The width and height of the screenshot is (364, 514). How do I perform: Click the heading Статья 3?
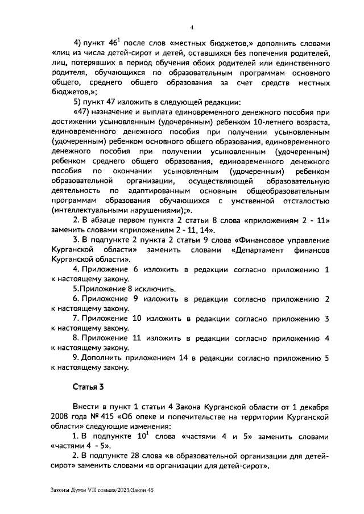(x=88, y=387)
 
